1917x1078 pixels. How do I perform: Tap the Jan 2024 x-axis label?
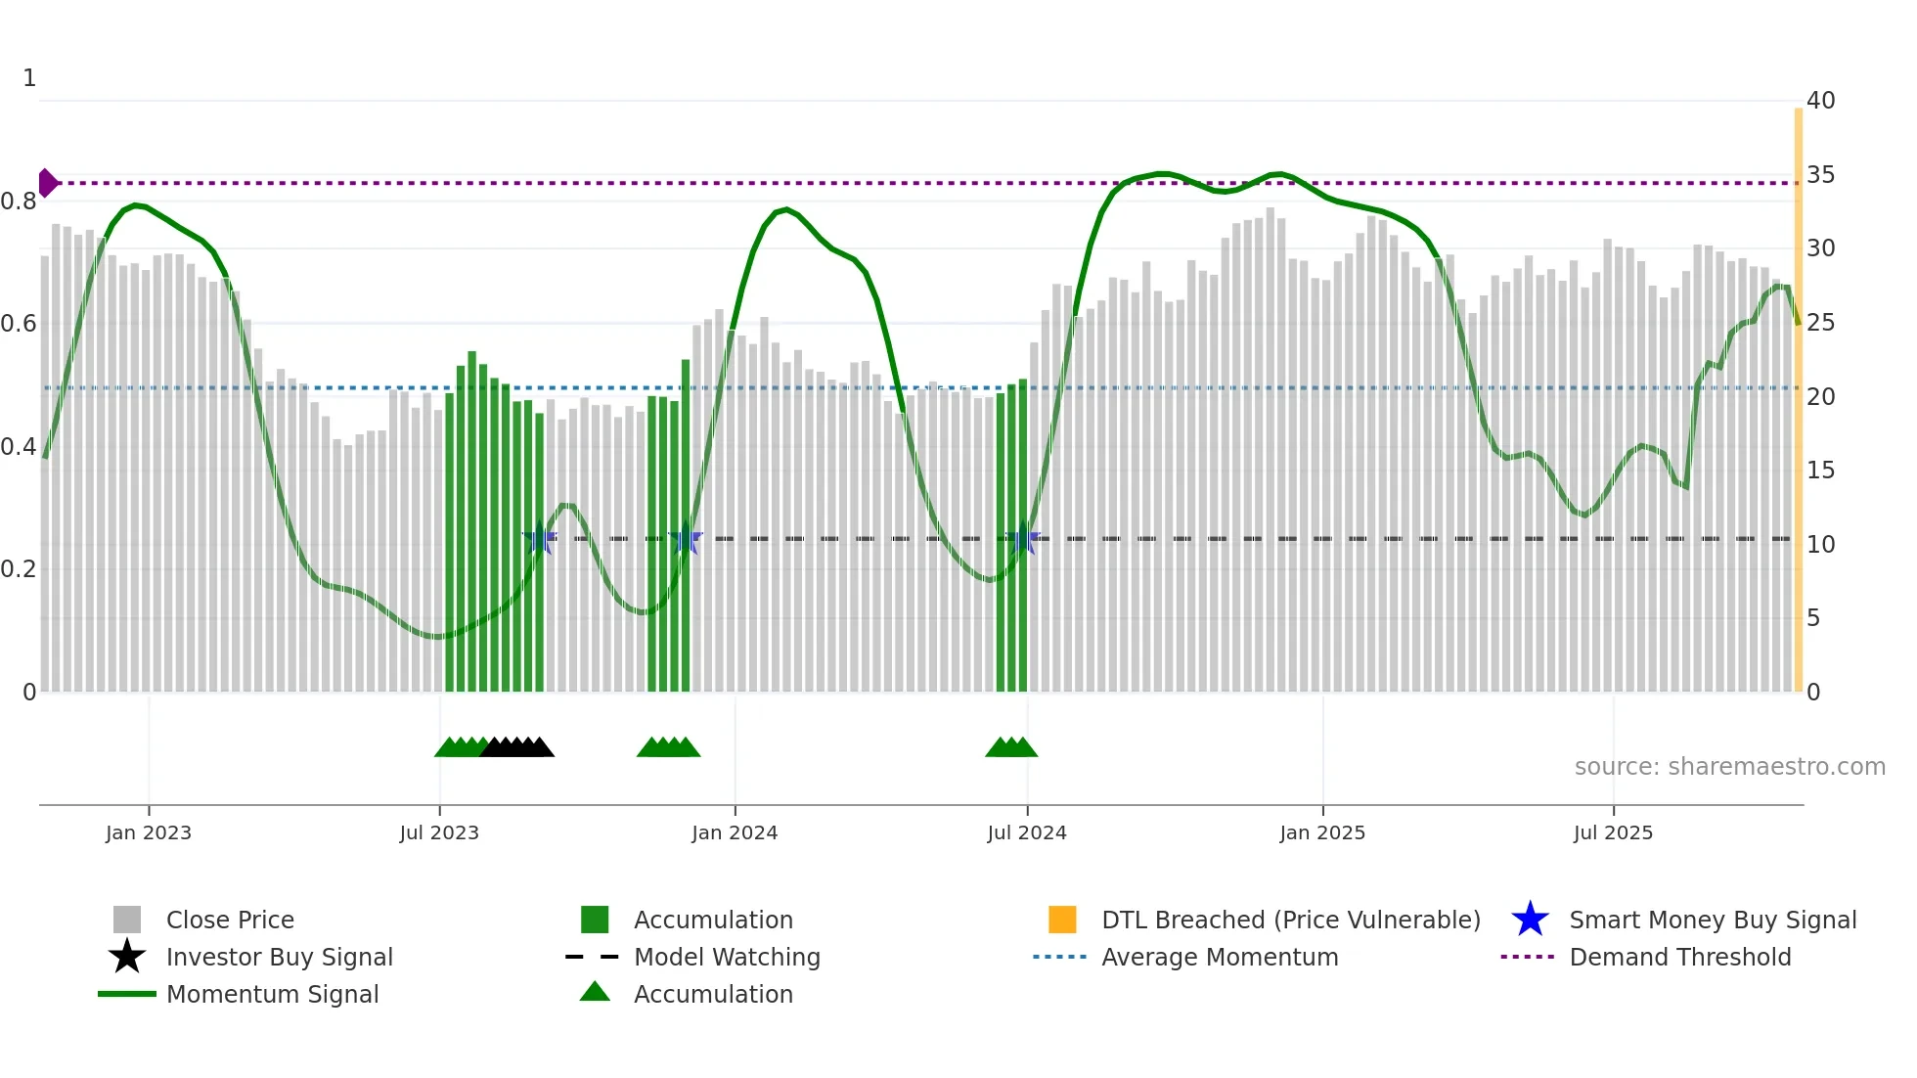click(735, 833)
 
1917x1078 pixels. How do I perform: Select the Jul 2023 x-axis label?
click(439, 833)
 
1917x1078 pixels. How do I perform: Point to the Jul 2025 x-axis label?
click(1613, 833)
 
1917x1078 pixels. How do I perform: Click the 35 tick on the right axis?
click(1820, 175)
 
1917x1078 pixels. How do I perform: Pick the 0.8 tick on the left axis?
click(19, 202)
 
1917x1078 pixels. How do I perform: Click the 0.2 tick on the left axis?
click(19, 569)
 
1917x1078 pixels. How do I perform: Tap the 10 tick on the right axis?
click(1820, 545)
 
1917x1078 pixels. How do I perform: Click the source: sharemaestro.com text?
click(1729, 767)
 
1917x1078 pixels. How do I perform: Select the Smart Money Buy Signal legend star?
click(1530, 920)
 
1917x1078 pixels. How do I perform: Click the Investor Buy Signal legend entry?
click(279, 957)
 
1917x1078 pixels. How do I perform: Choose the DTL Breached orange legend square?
click(1062, 920)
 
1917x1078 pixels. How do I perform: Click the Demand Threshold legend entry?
click(1679, 957)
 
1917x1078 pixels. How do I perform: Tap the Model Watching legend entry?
click(726, 957)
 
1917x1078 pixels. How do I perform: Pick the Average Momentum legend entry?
click(1219, 957)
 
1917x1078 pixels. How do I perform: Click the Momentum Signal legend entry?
click(272, 994)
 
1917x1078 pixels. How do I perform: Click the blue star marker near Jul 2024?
click(1023, 539)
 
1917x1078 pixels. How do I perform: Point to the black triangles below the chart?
click(517, 747)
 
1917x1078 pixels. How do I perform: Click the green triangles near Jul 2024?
click(1011, 747)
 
